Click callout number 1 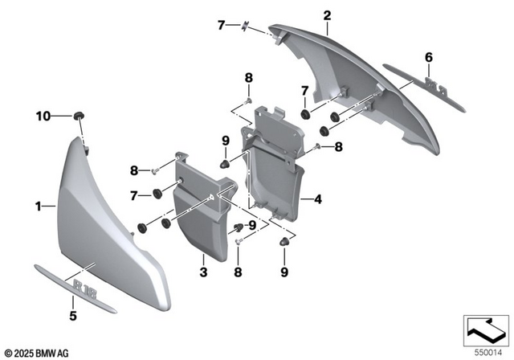coord(37,207)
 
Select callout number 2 coord(327,15)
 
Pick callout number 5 coord(72,316)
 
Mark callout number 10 coord(43,117)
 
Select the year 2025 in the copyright coord(24,353)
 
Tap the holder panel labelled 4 coord(273,173)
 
